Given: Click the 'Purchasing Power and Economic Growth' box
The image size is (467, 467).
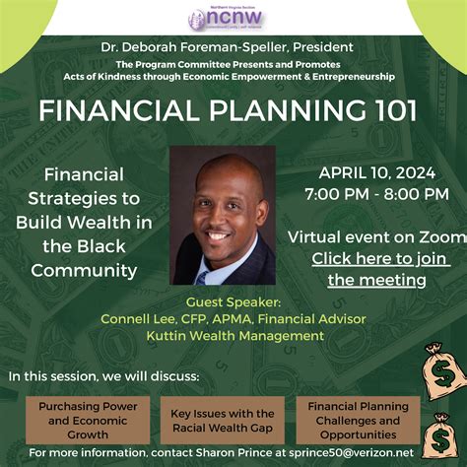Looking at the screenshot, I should coord(81,420).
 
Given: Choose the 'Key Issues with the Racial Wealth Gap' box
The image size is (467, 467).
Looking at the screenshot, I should coord(223,420).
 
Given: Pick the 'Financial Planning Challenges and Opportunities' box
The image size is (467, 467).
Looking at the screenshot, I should coord(358,420).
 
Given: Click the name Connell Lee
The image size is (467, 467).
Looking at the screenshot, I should coord(136,319).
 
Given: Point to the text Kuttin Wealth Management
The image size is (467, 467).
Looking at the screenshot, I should coord(233,336).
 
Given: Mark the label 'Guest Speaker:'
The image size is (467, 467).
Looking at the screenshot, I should coord(233,302).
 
